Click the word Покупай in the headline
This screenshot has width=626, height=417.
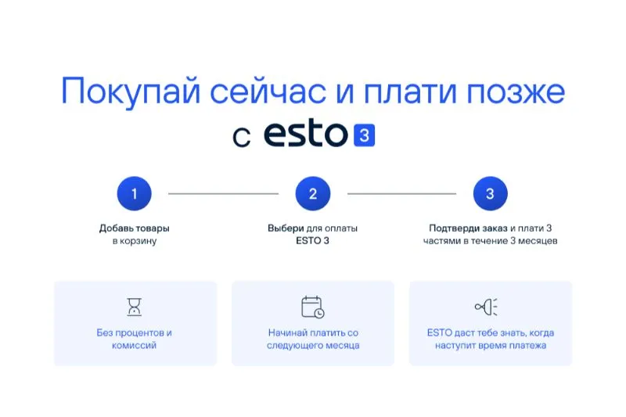[131, 92]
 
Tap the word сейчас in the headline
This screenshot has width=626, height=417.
[268, 92]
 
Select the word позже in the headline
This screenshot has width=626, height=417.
[516, 92]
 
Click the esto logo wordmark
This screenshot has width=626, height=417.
[306, 134]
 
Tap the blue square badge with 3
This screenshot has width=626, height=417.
[364, 135]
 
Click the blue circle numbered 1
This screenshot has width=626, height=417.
[134, 193]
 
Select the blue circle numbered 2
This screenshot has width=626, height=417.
[312, 193]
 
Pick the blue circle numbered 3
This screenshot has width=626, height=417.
[491, 193]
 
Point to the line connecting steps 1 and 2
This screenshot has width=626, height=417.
[223, 193]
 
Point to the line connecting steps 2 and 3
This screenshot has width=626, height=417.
[401, 193]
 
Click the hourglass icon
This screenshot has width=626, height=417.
[134, 307]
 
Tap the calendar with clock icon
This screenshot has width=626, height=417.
[312, 307]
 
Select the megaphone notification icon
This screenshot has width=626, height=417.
[486, 307]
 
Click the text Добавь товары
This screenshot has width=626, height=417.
[134, 228]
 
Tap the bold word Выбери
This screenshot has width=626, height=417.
[286, 228]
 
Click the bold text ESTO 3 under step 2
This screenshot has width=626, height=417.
[312, 241]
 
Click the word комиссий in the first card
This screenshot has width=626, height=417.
[134, 345]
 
